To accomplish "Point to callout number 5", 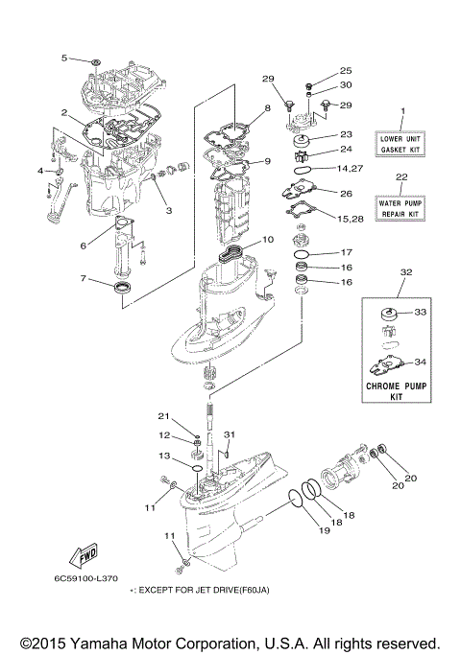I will pyautogui.click(x=65, y=58).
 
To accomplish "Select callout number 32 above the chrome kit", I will pyautogui.click(x=405, y=271).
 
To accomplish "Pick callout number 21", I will pyautogui.click(x=164, y=415).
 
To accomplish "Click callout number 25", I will pyautogui.click(x=346, y=71).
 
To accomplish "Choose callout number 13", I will pyautogui.click(x=164, y=456).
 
